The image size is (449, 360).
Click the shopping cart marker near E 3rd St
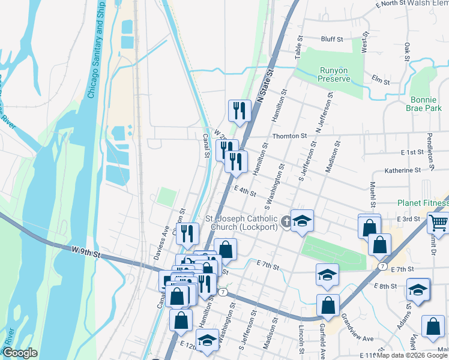[x=439, y=223]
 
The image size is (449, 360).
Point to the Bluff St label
[x=331, y=39]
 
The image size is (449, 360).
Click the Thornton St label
[x=289, y=136]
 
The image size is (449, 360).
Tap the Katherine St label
[x=403, y=170]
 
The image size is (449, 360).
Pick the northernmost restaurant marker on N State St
[x=239, y=110]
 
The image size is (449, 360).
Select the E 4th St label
[x=246, y=191]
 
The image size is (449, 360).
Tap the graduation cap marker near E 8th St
[x=418, y=290]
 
